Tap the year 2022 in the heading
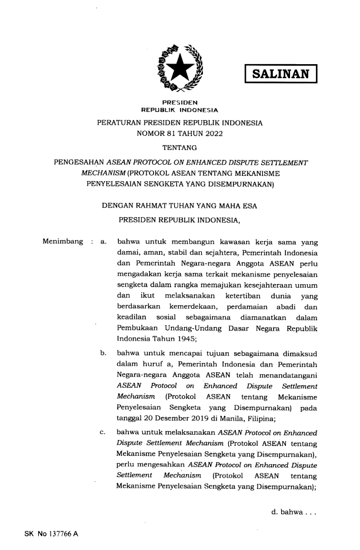[x=221, y=134]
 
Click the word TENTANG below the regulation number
[x=180, y=147]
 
